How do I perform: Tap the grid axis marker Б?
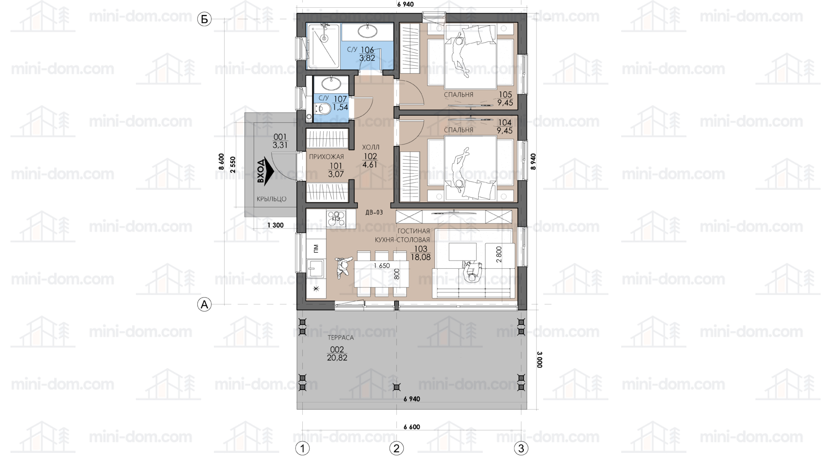tap(204, 19)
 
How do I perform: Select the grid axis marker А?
tap(204, 304)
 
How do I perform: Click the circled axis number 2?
tap(396, 448)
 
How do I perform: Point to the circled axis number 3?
tap(521, 448)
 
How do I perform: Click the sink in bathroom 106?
tap(367, 31)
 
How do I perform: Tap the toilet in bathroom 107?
tap(323, 109)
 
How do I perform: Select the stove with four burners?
tap(337, 218)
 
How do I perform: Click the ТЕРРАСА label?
tap(341, 338)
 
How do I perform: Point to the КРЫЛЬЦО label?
tap(272, 199)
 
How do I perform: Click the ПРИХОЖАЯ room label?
tap(327, 157)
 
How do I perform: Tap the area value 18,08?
tap(421, 257)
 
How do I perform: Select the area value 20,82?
tap(337, 358)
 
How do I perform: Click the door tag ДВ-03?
tap(374, 213)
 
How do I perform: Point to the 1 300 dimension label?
tap(275, 225)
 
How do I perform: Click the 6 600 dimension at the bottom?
tap(412, 427)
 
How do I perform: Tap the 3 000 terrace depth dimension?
tap(539, 359)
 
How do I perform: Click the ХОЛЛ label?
tap(371, 147)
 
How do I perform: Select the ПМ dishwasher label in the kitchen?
tap(316, 249)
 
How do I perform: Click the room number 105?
tap(505, 95)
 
